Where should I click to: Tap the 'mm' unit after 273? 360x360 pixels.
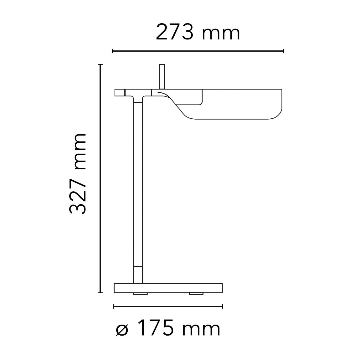221,33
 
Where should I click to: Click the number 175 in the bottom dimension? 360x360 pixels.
156,328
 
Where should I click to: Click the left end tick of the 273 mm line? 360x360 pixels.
112,51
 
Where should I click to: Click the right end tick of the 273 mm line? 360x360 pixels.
283,51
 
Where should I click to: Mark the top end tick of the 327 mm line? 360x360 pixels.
100,64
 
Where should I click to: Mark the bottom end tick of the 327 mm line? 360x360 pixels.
100,293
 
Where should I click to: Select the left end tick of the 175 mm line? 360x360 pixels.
114,306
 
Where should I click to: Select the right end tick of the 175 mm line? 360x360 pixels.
222,306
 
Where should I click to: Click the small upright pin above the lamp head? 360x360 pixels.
162,76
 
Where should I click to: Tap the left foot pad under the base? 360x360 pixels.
140,294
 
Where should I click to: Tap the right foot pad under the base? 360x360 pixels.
196,294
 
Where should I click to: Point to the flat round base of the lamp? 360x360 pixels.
168,288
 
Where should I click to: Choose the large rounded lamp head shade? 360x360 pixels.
238,105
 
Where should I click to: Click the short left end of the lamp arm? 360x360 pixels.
120,93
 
